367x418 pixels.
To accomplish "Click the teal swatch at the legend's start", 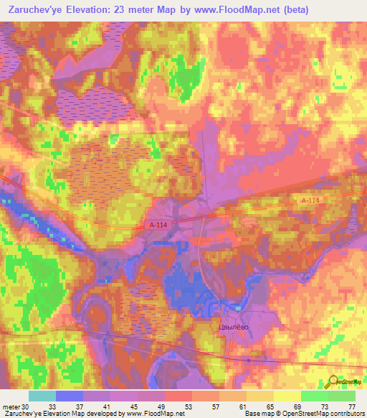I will click(x=42, y=396).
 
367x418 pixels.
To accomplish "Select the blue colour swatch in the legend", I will click(x=70, y=396).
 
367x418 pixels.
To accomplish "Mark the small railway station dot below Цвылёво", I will click(x=248, y=359).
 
